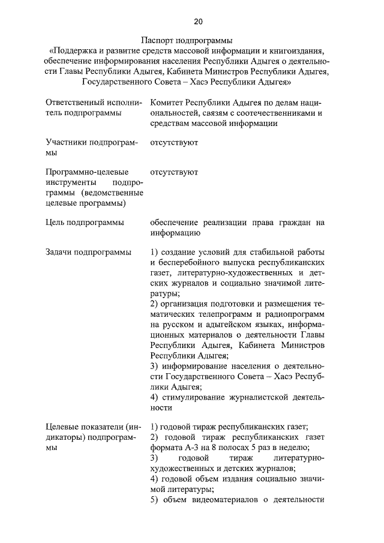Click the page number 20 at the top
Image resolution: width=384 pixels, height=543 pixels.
(198, 22)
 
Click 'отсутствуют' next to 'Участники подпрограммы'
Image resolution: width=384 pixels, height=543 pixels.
(174, 143)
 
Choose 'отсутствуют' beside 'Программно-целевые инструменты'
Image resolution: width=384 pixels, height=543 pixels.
(174, 172)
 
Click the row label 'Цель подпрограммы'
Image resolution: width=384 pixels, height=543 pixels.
(85, 223)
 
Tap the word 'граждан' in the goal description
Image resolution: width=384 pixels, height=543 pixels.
(285, 223)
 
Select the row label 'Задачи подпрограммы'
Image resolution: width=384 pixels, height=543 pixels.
(88, 252)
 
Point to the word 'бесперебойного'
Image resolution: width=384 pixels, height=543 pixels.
(186, 262)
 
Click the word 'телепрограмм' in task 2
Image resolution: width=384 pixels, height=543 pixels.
(225, 315)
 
